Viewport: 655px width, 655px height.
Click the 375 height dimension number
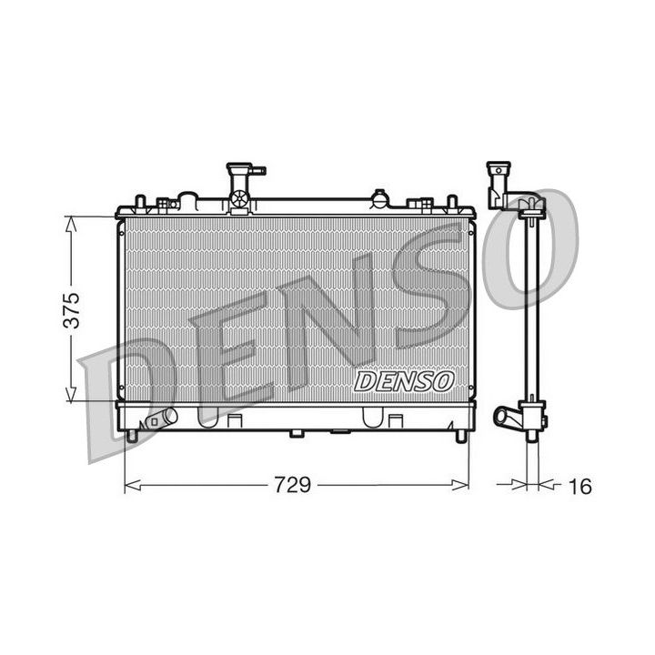[77, 309]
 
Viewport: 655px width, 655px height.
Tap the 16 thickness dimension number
[579, 487]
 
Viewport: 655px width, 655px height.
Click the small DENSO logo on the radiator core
[403, 381]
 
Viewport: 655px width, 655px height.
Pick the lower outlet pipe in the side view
[507, 418]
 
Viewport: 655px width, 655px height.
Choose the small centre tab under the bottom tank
[296, 433]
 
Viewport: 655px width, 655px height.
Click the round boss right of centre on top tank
[378, 196]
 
